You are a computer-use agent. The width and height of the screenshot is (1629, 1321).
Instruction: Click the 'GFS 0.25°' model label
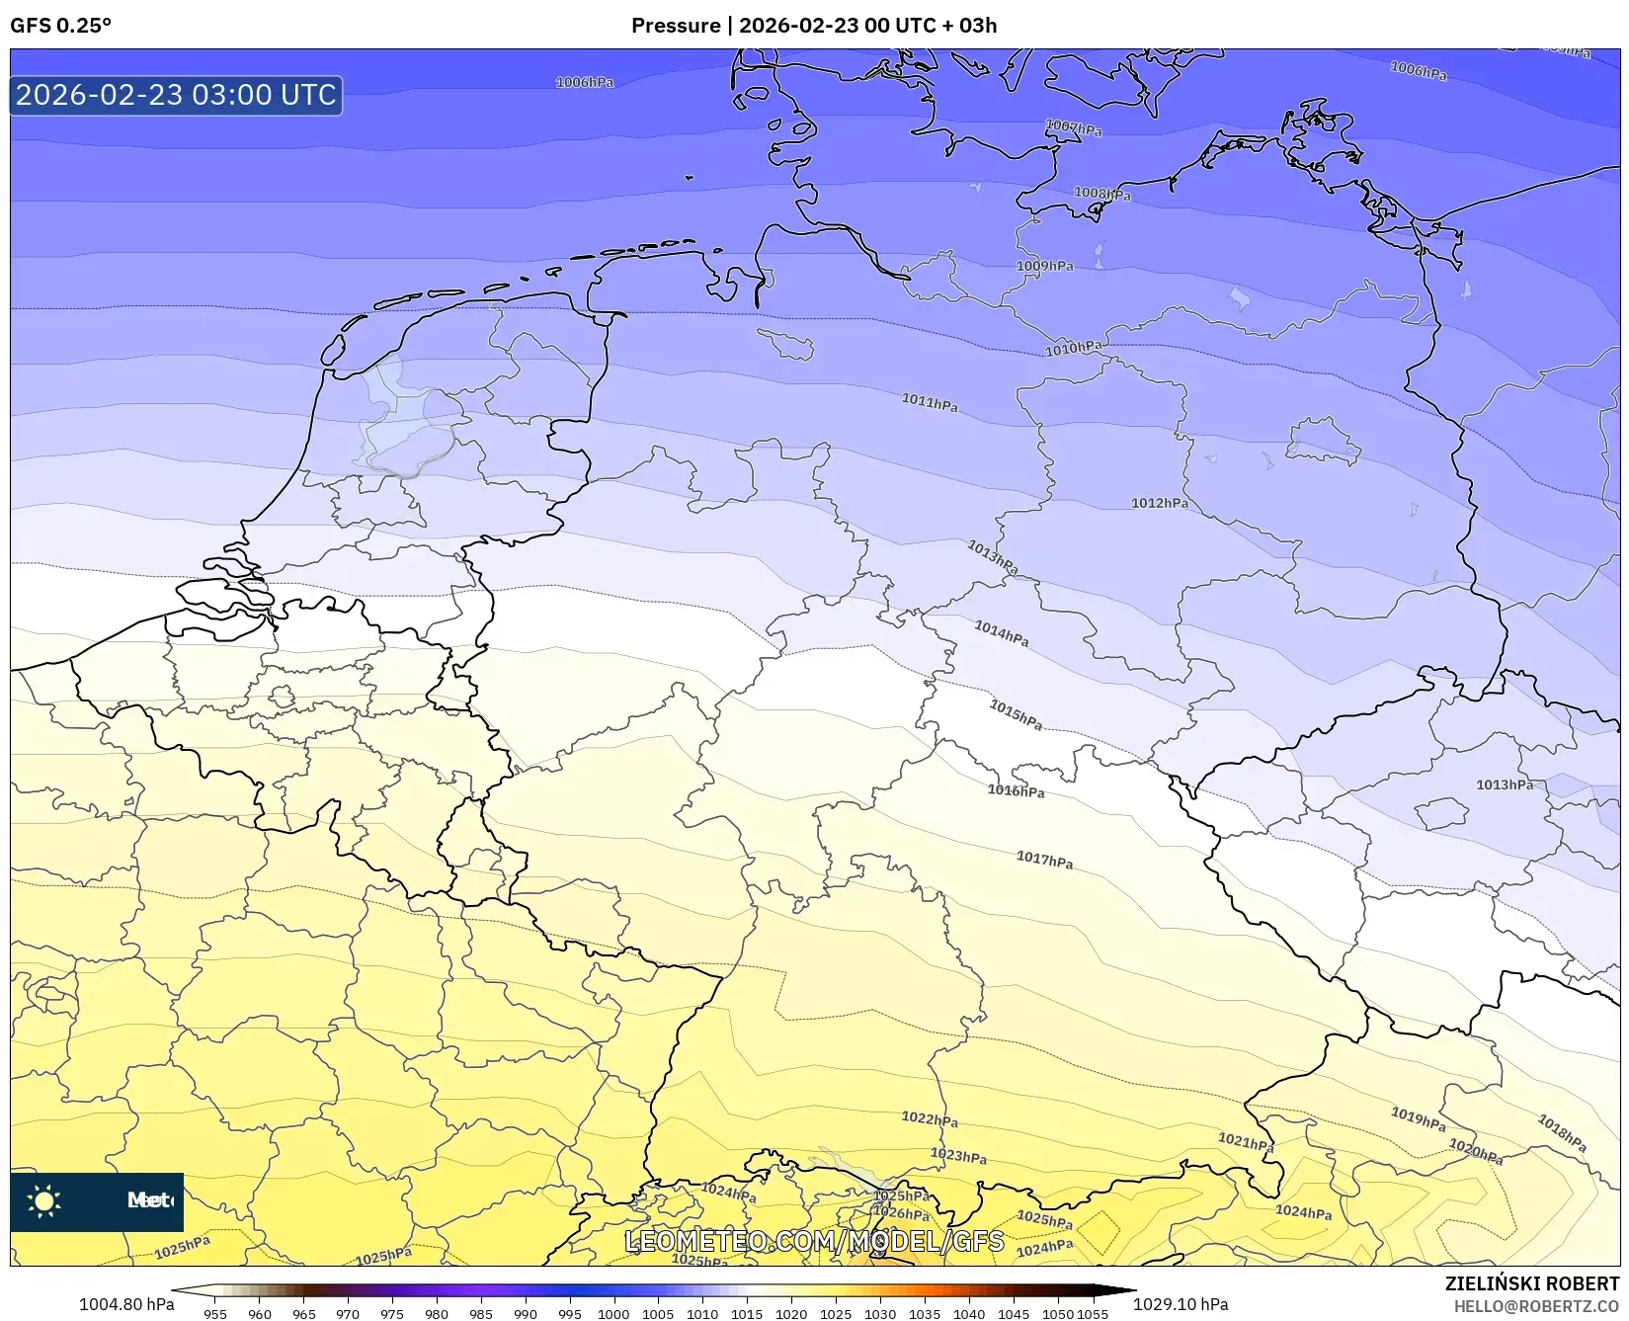pyautogui.click(x=60, y=26)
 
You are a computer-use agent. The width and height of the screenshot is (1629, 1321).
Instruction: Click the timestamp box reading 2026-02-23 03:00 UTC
pyautogui.click(x=176, y=95)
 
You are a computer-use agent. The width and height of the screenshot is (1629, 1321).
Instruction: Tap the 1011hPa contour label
pyautogui.click(x=929, y=402)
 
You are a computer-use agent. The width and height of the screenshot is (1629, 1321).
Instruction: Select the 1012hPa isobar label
pyautogui.click(x=1159, y=503)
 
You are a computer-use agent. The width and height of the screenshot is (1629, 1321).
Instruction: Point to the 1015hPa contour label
pyautogui.click(x=1016, y=714)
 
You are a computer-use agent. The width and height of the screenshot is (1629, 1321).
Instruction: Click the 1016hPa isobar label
pyautogui.click(x=1016, y=790)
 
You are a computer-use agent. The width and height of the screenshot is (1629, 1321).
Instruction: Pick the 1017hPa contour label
pyautogui.click(x=1044, y=860)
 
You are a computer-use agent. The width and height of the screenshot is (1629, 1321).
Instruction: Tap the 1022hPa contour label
pyautogui.click(x=929, y=1118)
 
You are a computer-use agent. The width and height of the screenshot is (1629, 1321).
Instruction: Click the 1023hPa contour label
pyautogui.click(x=958, y=1155)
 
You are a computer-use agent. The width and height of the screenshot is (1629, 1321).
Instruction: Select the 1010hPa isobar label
pyautogui.click(x=1074, y=348)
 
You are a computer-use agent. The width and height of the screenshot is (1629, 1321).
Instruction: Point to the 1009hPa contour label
pyautogui.click(x=1044, y=266)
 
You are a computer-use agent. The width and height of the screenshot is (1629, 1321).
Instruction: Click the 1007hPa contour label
pyautogui.click(x=1073, y=128)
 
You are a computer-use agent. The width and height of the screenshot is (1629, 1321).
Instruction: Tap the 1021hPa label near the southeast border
pyautogui.click(x=1245, y=1142)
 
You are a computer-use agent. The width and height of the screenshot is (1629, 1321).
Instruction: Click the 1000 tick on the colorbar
pyautogui.click(x=612, y=1314)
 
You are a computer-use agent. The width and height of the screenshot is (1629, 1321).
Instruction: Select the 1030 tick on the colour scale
pyautogui.click(x=879, y=1314)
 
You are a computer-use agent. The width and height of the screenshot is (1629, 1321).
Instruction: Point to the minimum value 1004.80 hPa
pyautogui.click(x=126, y=1304)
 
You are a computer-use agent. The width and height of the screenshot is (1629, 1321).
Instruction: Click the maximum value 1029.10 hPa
pyautogui.click(x=1181, y=1304)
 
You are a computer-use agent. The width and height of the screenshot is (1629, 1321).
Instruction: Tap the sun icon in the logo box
pyautogui.click(x=44, y=1201)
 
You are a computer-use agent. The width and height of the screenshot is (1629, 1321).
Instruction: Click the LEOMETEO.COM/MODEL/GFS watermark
pyautogui.click(x=814, y=1241)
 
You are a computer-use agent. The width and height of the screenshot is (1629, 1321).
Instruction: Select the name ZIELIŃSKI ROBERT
pyautogui.click(x=1531, y=1283)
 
